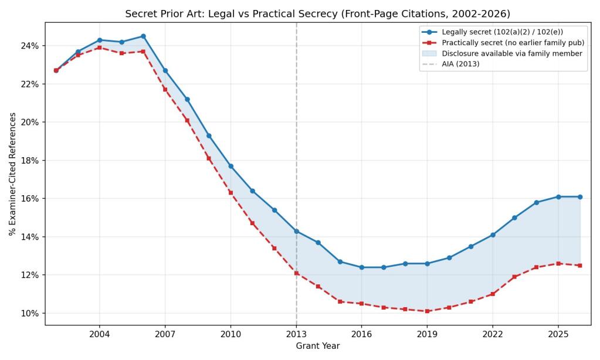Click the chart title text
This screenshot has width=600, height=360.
[317, 13]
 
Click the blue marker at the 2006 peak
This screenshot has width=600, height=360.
[143, 36]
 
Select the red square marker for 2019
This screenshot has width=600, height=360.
[427, 311]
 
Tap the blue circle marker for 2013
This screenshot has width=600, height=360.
[296, 231]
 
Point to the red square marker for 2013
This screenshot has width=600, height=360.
[296, 273]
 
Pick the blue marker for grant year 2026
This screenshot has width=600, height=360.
[580, 197]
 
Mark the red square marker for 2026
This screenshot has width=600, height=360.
[580, 266]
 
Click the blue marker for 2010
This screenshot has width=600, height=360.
[230, 166]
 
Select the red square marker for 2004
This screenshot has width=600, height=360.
[100, 47]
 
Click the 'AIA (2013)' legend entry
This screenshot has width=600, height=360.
[460, 64]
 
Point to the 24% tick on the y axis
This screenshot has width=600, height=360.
[30, 46]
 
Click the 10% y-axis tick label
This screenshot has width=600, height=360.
[30, 313]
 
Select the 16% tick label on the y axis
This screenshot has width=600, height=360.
[30, 199]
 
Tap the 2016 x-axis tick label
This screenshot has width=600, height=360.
[361, 334]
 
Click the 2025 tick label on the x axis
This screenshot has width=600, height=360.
[558, 334]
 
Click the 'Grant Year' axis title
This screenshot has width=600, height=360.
[317, 346]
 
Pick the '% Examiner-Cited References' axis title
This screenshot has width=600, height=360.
[12, 174]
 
